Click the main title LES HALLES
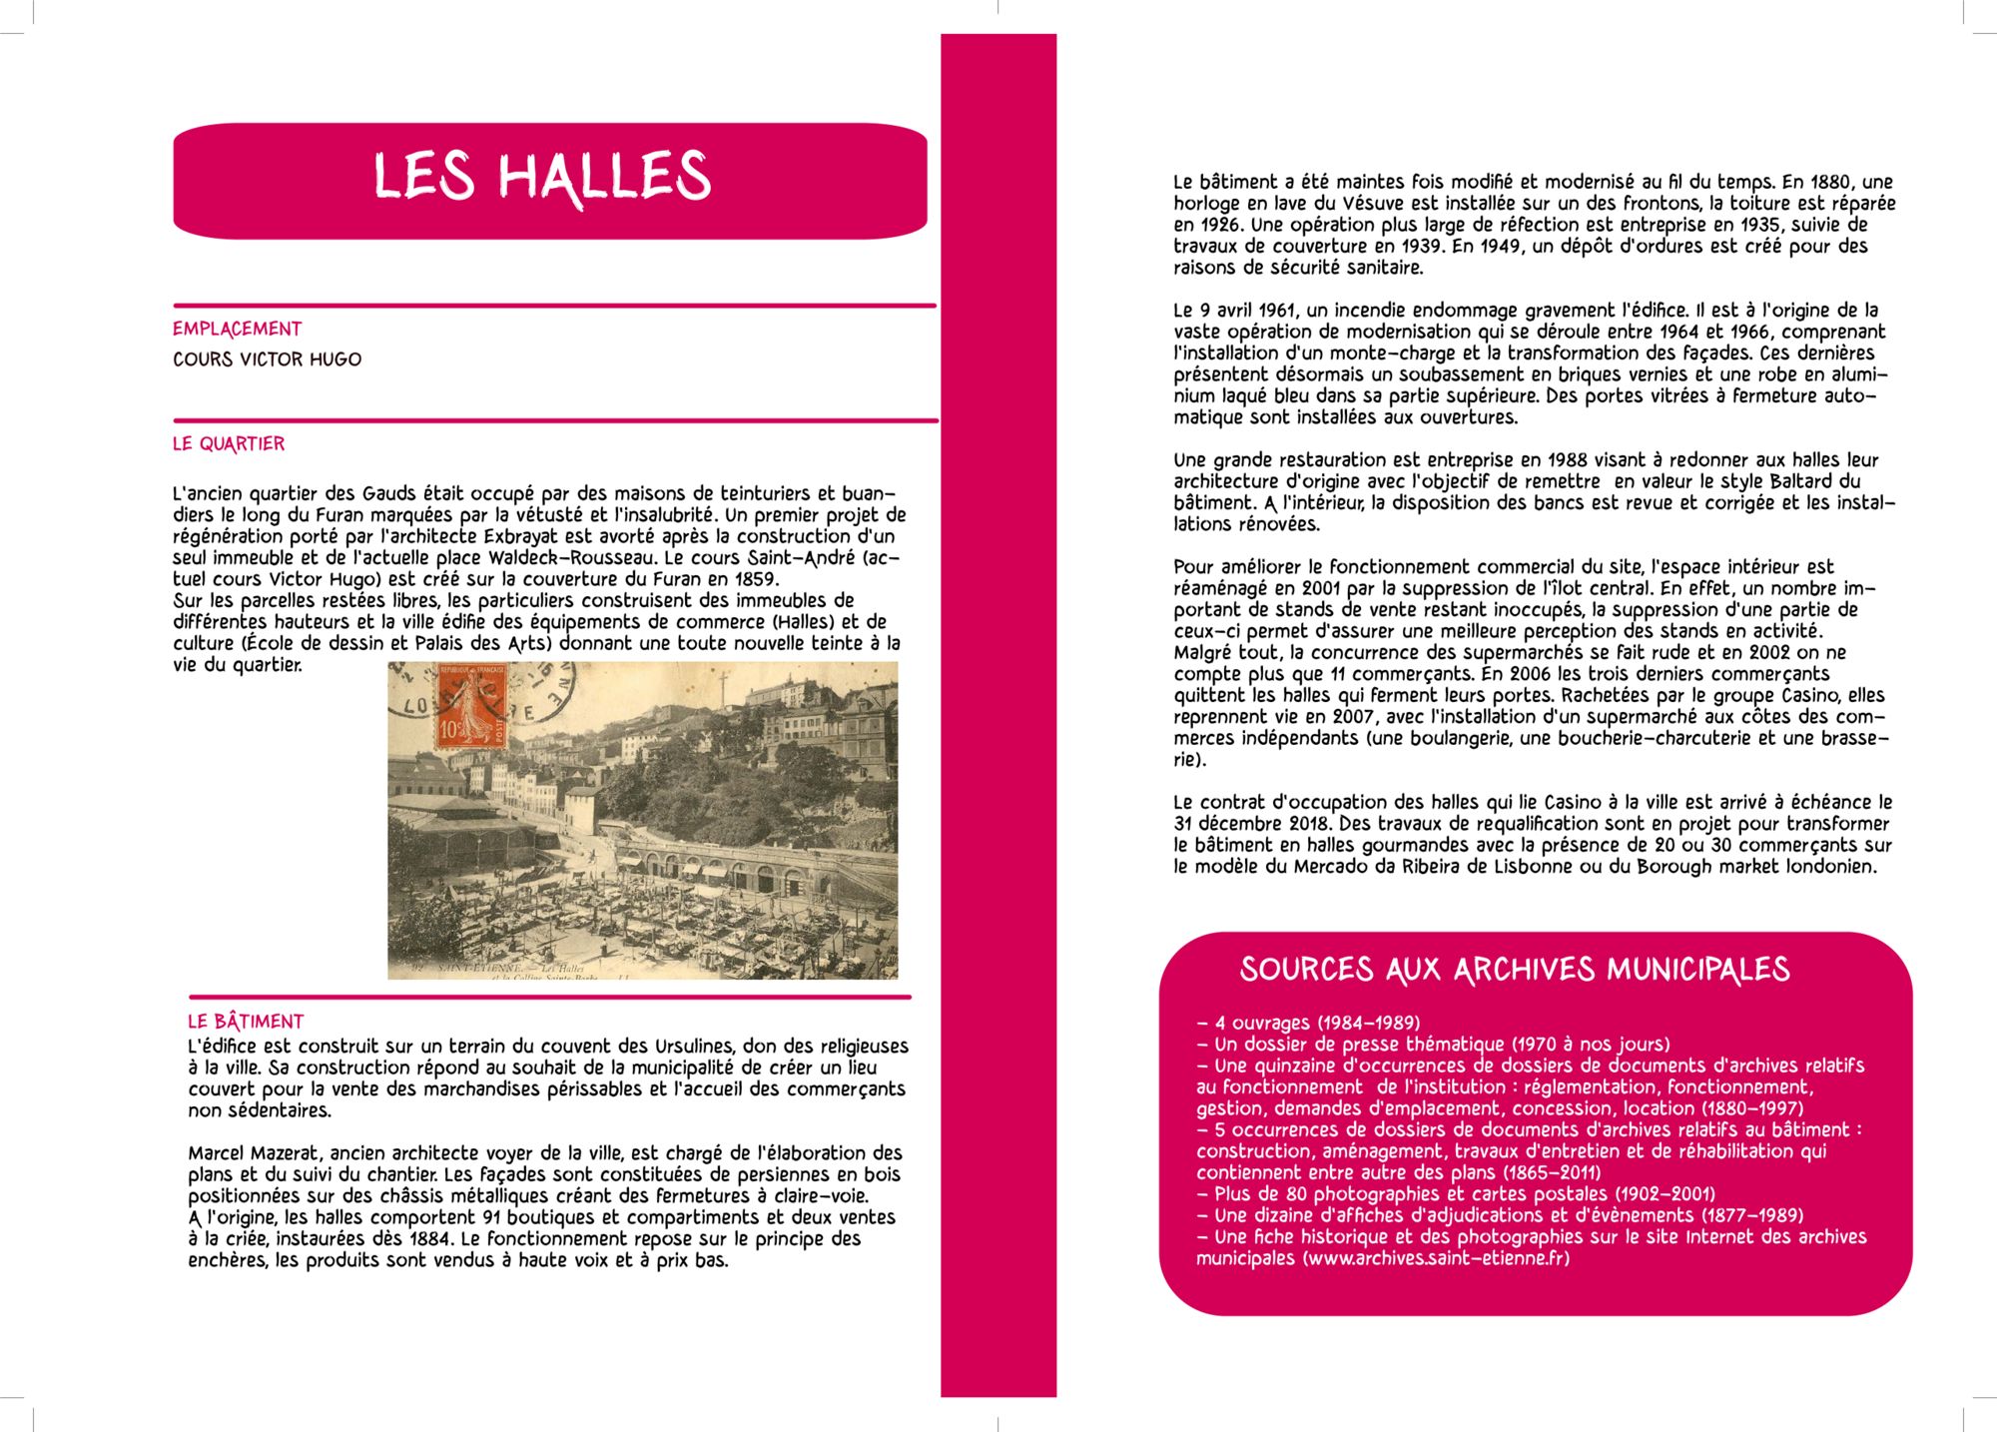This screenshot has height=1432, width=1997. [x=542, y=178]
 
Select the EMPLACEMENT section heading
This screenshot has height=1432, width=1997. [x=237, y=329]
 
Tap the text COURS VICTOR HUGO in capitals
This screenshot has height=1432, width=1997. [x=267, y=359]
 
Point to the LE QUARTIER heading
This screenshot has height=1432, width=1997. [x=229, y=443]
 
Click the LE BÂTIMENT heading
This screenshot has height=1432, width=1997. [x=246, y=1022]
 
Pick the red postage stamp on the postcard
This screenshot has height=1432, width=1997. [x=470, y=707]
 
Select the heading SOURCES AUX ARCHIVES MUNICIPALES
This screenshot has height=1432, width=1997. [x=1514, y=970]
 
